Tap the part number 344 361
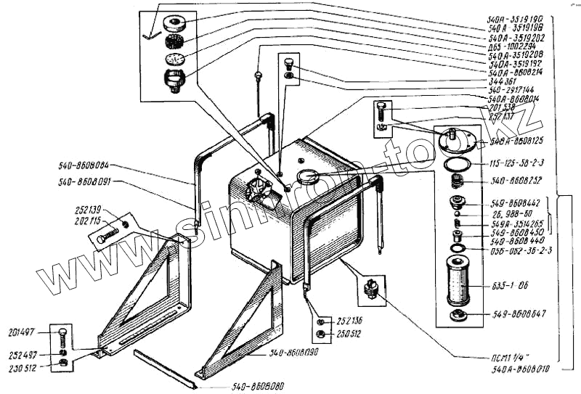[x=503, y=82]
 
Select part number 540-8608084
[x=91, y=165]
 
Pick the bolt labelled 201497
[x=63, y=336]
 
